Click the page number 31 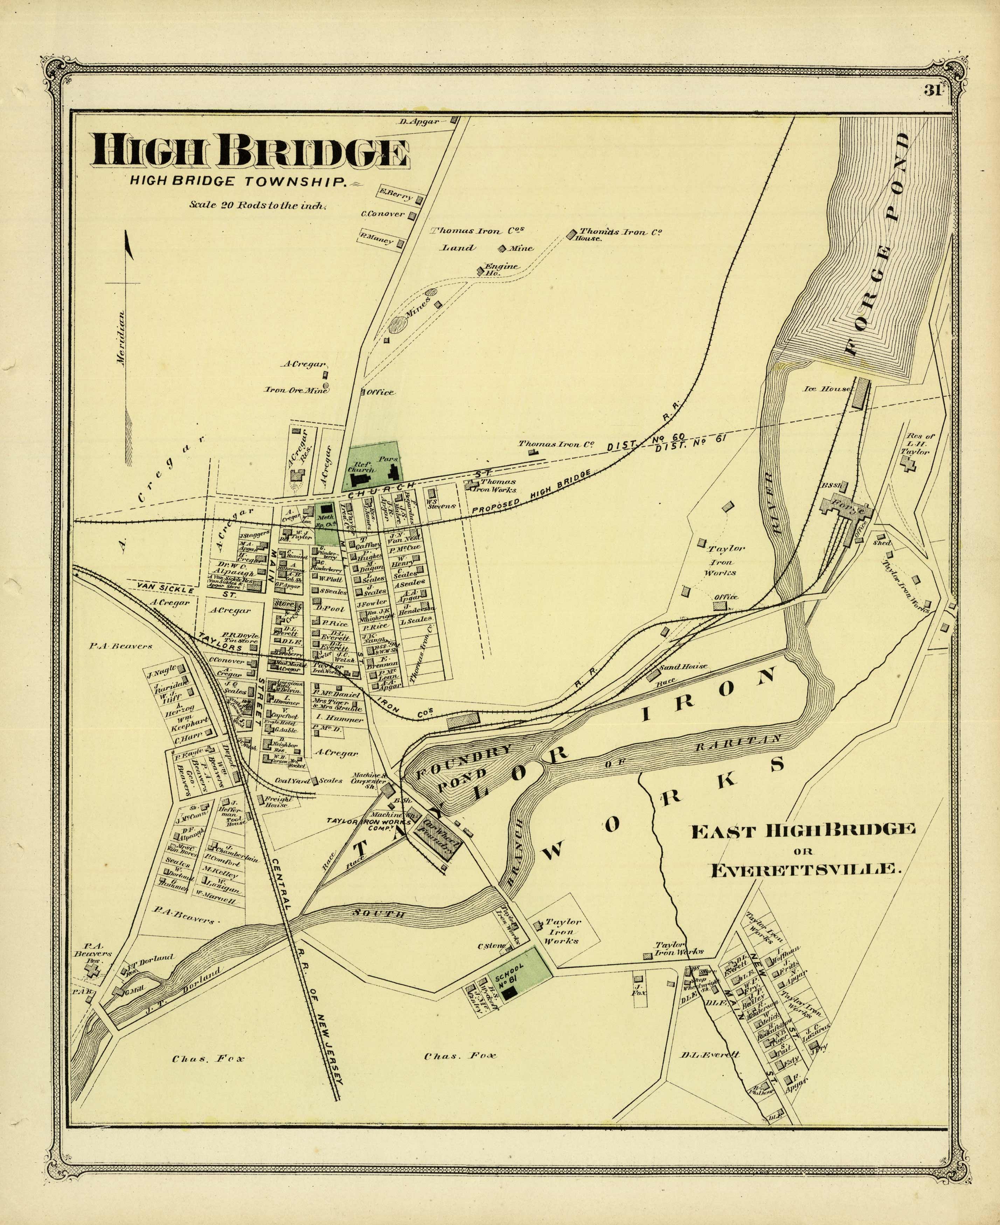[x=932, y=91]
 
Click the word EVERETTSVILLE [x=804, y=869]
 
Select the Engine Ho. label [x=500, y=270]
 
